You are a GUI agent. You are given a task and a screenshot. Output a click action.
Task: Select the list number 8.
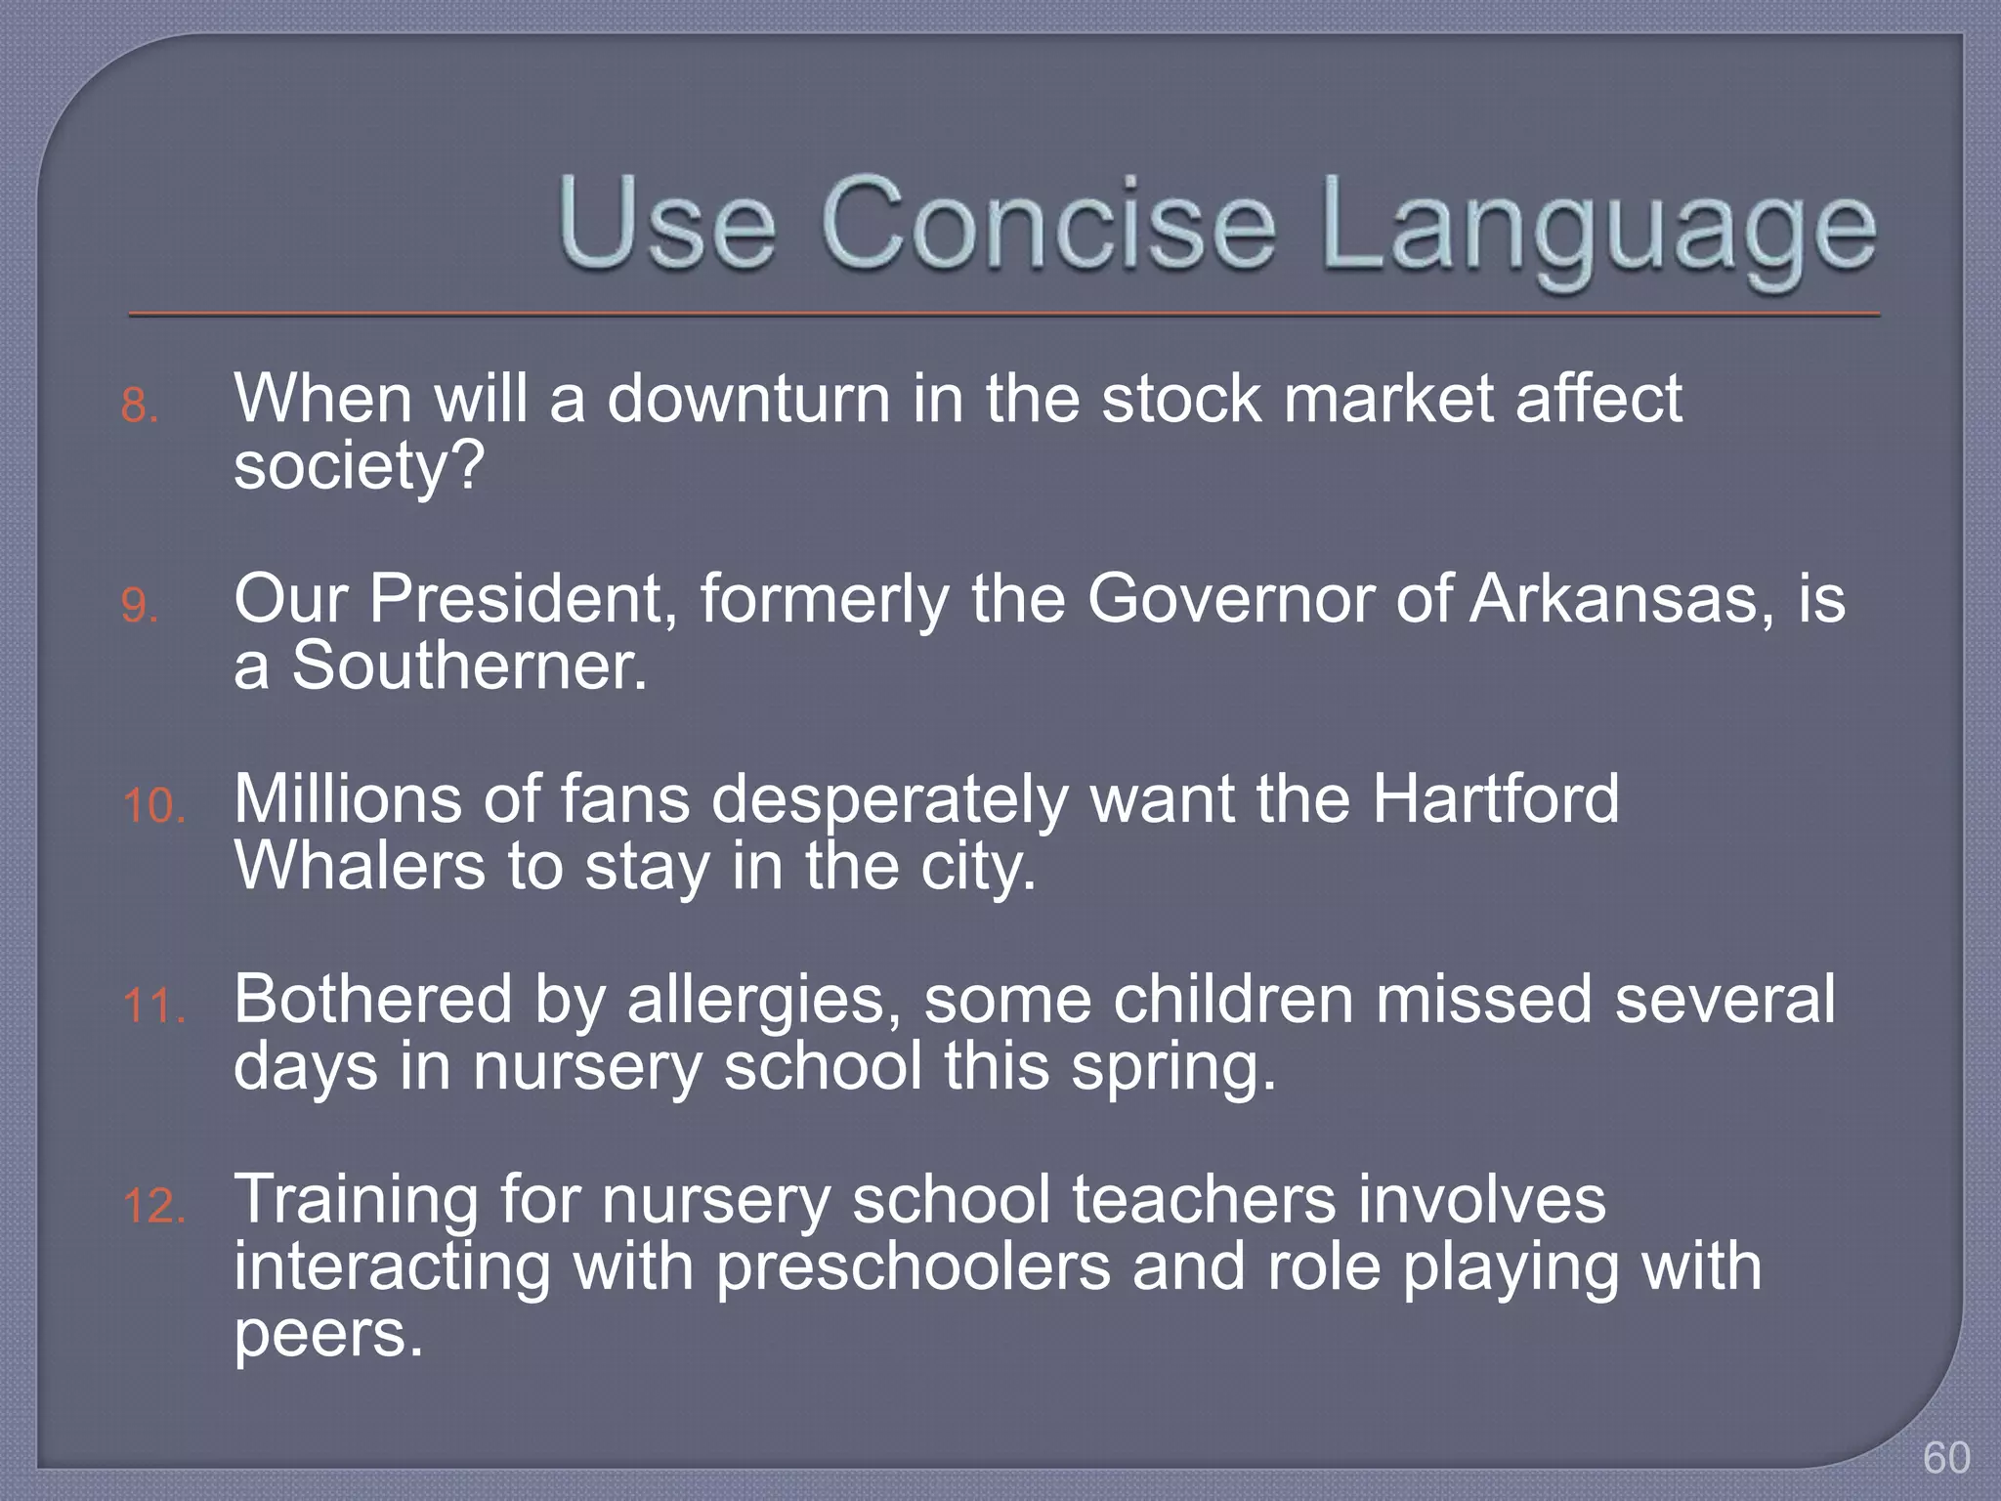coord(139,406)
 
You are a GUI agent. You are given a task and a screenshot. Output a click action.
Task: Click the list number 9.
coord(139,606)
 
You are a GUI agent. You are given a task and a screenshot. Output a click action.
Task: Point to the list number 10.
coord(153,807)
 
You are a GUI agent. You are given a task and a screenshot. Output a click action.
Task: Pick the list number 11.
coord(153,1007)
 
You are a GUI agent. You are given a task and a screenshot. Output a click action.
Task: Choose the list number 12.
coord(153,1207)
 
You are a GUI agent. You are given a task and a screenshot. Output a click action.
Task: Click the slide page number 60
coord(1946,1458)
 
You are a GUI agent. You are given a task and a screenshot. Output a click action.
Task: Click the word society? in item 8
coord(359,467)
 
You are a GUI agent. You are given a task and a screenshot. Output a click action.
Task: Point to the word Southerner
coord(470,666)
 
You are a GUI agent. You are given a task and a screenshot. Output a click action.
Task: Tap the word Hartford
coord(1495,799)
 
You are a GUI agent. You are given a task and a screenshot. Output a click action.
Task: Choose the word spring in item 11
coord(1172,1069)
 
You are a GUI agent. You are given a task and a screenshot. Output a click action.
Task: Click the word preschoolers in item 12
coord(914,1268)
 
